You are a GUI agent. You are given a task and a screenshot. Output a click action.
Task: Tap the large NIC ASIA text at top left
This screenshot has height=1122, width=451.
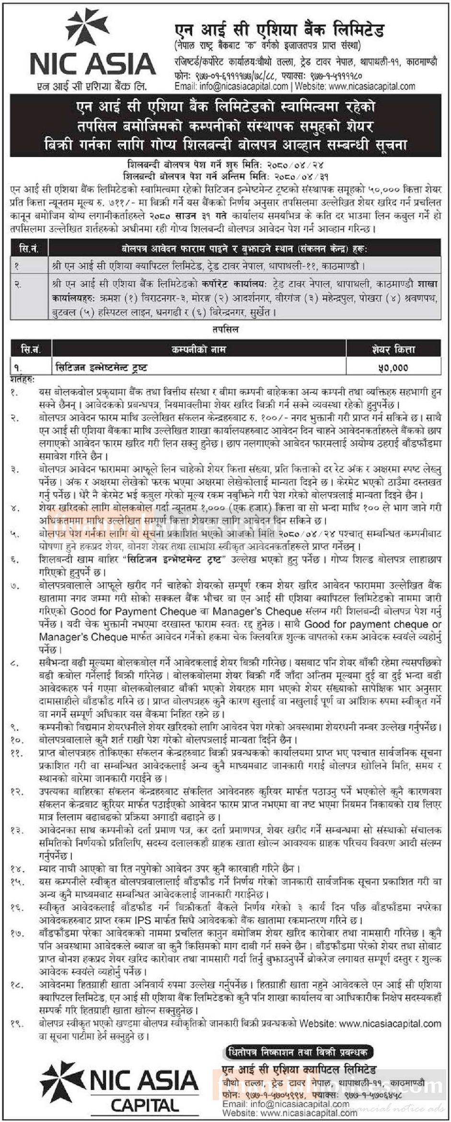(x=93, y=64)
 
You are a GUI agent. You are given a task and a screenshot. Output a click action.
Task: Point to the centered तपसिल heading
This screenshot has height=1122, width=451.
(x=225, y=330)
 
